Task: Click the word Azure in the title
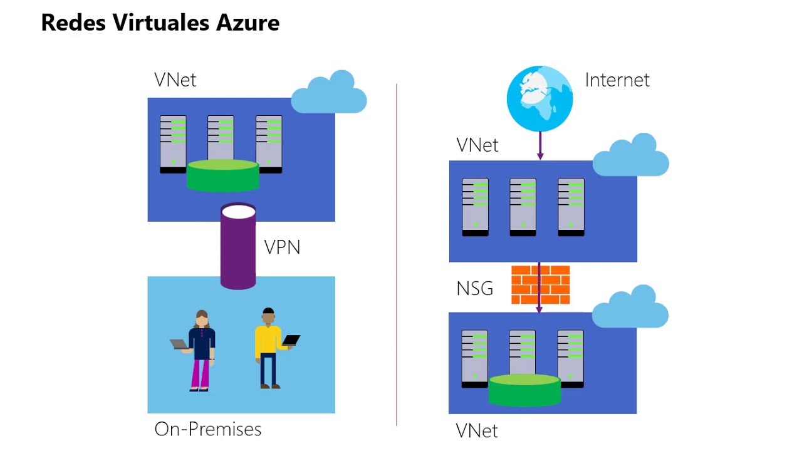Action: [247, 23]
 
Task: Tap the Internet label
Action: [617, 80]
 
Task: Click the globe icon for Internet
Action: [539, 99]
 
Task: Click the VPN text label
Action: [282, 247]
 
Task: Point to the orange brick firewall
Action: [540, 285]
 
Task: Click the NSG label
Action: [474, 289]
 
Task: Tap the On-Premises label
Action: [207, 429]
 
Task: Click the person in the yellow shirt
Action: [268, 348]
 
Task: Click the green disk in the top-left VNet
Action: [223, 175]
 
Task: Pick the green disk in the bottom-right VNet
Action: [524, 390]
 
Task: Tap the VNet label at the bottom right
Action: [476, 431]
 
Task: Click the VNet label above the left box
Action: [175, 80]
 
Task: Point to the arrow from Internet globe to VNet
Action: [540, 146]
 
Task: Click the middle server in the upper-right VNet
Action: [523, 207]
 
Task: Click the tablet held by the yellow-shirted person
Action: [291, 340]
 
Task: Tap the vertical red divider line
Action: [397, 251]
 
